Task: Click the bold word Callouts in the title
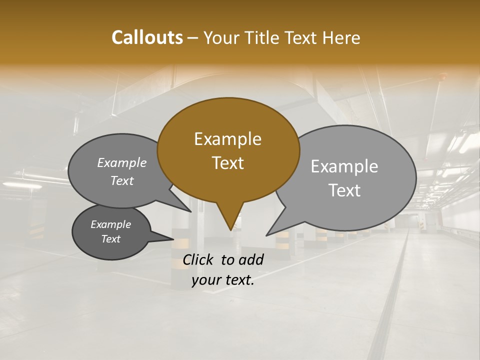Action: pyautogui.click(x=147, y=37)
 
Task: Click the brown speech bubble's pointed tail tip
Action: pyautogui.click(x=231, y=229)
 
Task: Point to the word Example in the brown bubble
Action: pyautogui.click(x=227, y=139)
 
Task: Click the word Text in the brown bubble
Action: pyautogui.click(x=227, y=163)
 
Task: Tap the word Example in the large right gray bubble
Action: pyautogui.click(x=344, y=166)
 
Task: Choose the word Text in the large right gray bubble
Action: pyautogui.click(x=344, y=190)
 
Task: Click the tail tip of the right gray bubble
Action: pyautogui.click(x=267, y=235)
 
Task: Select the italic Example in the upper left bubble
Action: pyautogui.click(x=122, y=163)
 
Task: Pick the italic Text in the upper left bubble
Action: pyautogui.click(x=122, y=181)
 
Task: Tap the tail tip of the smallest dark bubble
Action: pyautogui.click(x=173, y=239)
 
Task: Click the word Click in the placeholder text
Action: pyautogui.click(x=198, y=259)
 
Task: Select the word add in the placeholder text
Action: pyautogui.click(x=251, y=259)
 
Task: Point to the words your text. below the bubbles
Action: pyautogui.click(x=223, y=280)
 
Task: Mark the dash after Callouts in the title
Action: pyautogui.click(x=193, y=38)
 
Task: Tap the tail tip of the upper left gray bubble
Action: pyautogui.click(x=191, y=212)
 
